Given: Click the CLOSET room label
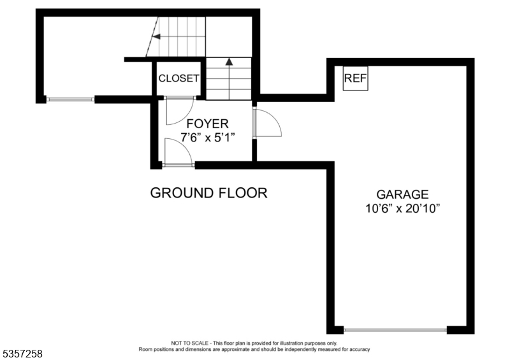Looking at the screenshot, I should [x=178, y=78].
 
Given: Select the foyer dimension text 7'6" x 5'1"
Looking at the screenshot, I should [x=207, y=137].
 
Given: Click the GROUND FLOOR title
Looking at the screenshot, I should [x=208, y=192].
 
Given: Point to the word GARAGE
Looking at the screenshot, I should [x=402, y=194].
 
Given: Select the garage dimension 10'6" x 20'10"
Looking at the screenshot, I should [x=402, y=208].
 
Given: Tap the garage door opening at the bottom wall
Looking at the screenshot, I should [x=395, y=330].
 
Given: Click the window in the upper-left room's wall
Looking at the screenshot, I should [x=71, y=99].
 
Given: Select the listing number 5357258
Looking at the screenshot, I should [x=22, y=352].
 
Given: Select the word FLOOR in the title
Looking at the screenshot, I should [x=243, y=192].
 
